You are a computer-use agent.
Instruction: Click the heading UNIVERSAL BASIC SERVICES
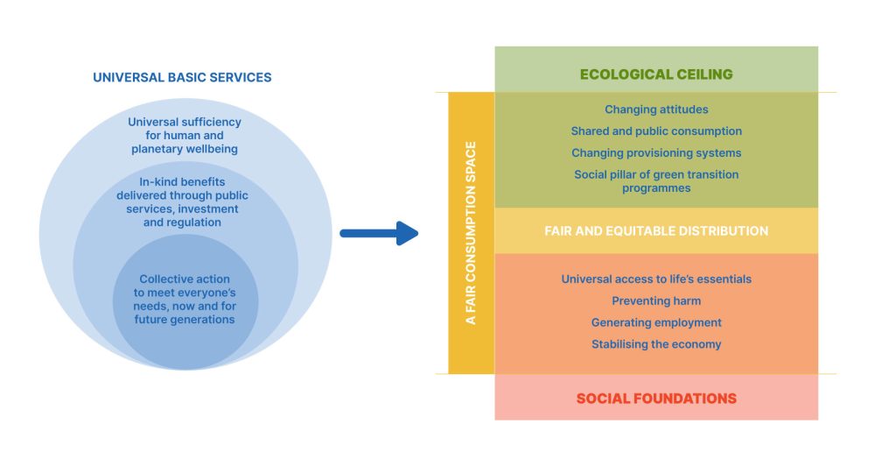182,77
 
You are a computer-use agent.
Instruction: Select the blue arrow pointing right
378,233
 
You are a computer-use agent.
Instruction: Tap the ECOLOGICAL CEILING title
656,74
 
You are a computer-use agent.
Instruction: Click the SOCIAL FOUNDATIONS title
656,399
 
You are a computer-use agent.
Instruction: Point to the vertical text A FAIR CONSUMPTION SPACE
471,233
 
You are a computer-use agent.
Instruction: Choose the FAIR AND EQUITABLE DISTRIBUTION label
656,231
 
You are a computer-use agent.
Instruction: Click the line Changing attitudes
656,109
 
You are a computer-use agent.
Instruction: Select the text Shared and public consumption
656,131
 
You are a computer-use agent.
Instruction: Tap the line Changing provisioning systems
656,153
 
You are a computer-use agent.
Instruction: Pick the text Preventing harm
656,301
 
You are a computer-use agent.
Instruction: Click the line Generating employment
656,322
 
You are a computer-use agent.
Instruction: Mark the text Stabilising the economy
656,344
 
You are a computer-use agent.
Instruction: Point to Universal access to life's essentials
656,279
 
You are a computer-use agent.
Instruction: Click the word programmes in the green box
656,187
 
